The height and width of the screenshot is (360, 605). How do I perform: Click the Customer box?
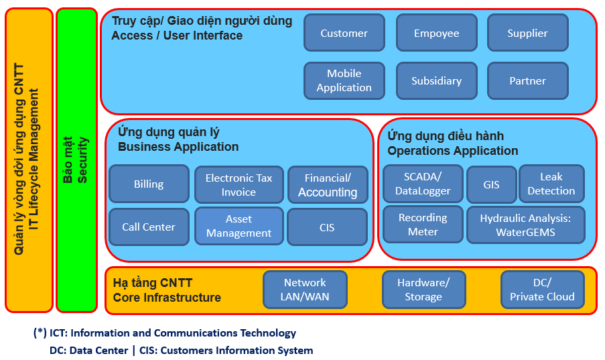[x=344, y=33]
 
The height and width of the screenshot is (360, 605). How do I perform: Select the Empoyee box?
[x=436, y=33]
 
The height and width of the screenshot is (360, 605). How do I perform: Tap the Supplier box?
[x=527, y=33]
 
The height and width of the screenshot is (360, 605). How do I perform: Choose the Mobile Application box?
[x=344, y=80]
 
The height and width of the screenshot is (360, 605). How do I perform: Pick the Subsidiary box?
[x=436, y=80]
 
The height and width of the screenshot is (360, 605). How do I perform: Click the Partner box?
[x=527, y=80]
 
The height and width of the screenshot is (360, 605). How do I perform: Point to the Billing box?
[x=149, y=184]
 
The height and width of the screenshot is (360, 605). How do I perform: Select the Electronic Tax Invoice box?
[x=239, y=184]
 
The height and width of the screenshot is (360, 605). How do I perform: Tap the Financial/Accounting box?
[x=328, y=184]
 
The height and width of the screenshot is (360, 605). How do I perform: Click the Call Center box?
[x=149, y=227]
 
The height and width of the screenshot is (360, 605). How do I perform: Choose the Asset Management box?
[x=239, y=226]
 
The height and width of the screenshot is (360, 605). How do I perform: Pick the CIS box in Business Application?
[x=327, y=227]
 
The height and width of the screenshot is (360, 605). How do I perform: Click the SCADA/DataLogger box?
[x=423, y=184]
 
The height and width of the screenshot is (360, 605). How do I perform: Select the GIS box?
[x=492, y=184]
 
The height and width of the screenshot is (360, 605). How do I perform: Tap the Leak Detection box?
[x=551, y=184]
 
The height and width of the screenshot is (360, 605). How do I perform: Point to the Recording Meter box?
[x=423, y=225]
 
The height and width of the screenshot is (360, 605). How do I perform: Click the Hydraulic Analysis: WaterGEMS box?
[x=525, y=225]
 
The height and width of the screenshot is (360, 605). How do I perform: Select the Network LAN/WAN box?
[x=305, y=290]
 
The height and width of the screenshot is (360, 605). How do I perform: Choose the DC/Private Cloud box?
[x=542, y=290]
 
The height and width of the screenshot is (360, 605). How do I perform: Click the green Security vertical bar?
[x=76, y=160]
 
